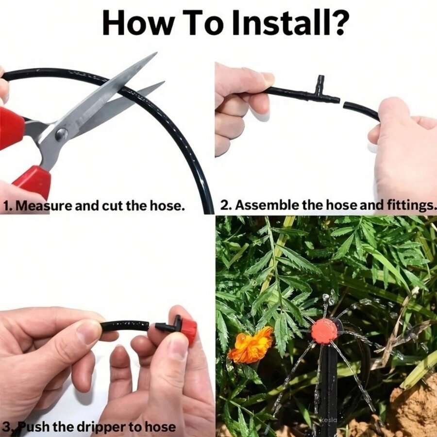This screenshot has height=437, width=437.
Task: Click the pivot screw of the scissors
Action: point(62,135)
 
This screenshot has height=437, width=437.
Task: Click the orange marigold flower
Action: point(252,345)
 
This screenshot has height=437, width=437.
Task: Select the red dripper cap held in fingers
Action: point(188,330)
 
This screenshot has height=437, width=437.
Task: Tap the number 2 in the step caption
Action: point(224,205)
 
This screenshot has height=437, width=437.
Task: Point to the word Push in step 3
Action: point(36,427)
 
